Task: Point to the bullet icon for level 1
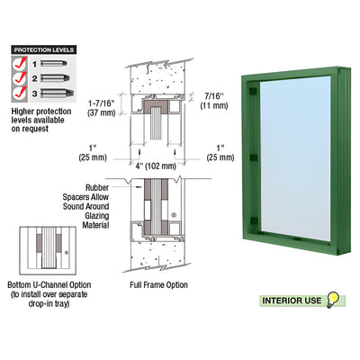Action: [55, 66]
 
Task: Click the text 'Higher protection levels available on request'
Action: [44, 120]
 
